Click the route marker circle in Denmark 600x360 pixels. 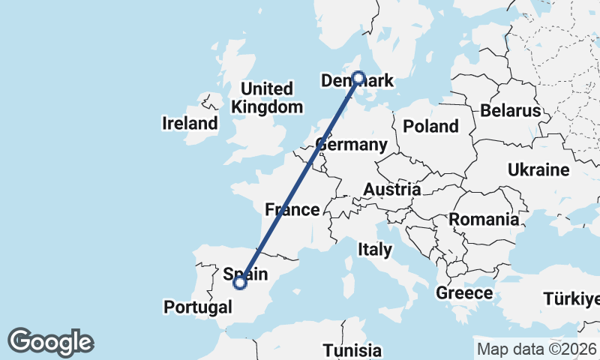[x=358, y=77]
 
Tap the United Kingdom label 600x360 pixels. [x=267, y=98]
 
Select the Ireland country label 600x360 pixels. [x=190, y=124]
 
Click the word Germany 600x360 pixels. [x=352, y=145]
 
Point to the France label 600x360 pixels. [x=292, y=210]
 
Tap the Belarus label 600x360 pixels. [x=511, y=111]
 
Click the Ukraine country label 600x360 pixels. [x=538, y=170]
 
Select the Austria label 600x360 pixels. [x=392, y=190]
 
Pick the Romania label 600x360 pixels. [x=484, y=220]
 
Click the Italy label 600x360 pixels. [x=374, y=249]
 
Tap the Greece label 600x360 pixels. [x=463, y=293]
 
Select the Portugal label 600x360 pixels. [x=197, y=307]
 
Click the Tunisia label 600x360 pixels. [x=352, y=350]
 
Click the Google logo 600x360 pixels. [x=50, y=342]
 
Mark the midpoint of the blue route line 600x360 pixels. [x=299, y=180]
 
